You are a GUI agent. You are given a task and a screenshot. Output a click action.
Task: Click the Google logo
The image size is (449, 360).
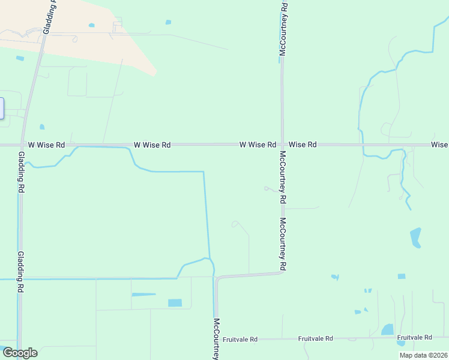[20, 353]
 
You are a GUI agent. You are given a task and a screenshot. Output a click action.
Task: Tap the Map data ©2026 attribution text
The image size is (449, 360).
[423, 355]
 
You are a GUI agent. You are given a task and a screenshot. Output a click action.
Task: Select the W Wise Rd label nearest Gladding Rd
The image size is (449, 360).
[46, 145]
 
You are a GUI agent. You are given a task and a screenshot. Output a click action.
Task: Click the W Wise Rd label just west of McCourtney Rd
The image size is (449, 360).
[258, 145]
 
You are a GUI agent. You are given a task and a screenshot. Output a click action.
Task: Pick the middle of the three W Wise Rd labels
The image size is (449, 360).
[152, 145]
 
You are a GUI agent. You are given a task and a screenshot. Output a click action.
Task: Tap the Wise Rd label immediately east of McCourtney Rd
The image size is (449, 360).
[303, 145]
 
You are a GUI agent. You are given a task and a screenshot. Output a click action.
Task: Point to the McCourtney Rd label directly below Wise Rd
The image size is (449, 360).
[283, 177]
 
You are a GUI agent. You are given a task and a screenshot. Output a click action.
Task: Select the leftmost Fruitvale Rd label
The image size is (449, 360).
[240, 340]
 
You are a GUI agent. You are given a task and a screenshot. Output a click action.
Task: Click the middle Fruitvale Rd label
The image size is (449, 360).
[315, 339]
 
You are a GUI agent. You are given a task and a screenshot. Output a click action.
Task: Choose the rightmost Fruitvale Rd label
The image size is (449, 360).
[415, 338]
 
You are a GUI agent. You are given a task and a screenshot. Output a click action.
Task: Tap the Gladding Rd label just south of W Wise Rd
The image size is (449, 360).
[21, 172]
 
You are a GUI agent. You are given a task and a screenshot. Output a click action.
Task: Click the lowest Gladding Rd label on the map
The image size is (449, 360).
[21, 271]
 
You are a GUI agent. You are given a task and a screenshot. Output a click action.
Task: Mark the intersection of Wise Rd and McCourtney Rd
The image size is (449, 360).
[282, 145]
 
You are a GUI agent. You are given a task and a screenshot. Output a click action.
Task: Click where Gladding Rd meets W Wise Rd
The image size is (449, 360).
[22, 145]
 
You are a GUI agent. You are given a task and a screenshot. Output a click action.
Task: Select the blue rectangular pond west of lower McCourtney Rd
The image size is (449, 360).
[175, 303]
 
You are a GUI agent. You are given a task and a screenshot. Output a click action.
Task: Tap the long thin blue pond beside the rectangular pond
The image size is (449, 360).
[143, 295]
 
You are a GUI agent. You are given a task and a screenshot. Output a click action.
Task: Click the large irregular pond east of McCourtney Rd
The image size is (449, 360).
[415, 237]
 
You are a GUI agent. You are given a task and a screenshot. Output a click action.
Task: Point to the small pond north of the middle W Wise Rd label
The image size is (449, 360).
[168, 22]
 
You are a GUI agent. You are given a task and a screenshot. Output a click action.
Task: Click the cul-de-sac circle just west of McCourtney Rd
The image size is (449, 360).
[266, 188]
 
